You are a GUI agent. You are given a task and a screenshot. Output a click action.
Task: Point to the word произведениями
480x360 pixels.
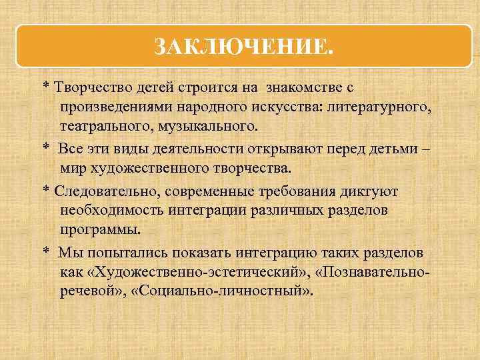pos(113,107)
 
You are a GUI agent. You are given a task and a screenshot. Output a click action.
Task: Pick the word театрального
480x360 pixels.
pos(102,125)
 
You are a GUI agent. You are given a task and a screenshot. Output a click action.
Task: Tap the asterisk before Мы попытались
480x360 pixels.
pos(46,252)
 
